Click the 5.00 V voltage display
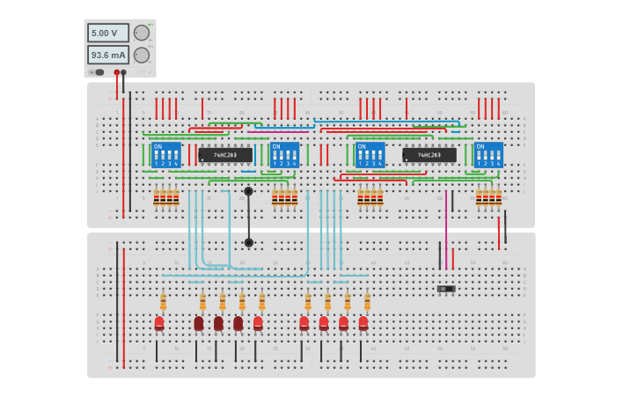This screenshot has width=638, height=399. point(107,33)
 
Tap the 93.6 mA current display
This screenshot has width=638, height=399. point(107,55)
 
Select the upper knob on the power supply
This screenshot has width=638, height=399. point(141,33)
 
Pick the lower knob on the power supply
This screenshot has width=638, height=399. point(141,55)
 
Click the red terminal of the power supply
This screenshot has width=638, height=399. point(116,72)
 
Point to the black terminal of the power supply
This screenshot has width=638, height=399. point(123,72)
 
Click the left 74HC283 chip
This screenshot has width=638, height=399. point(225,155)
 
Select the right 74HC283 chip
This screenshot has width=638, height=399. point(429,155)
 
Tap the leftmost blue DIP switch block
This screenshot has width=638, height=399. point(165,155)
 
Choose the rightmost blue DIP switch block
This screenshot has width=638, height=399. point(488,155)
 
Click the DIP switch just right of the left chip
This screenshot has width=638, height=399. point(284,155)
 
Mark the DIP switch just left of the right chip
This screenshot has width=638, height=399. point(370,155)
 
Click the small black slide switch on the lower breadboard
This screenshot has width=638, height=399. point(446,289)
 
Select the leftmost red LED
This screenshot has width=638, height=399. point(159,323)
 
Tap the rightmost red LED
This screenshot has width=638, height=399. point(363,323)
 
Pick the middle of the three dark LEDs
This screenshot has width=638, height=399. point(218,323)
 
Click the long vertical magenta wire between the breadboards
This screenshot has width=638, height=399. point(446,229)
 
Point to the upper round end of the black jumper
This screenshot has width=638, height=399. point(248,191)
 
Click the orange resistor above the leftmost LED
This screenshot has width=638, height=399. point(163,302)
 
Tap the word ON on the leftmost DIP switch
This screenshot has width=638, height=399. point(158,146)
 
